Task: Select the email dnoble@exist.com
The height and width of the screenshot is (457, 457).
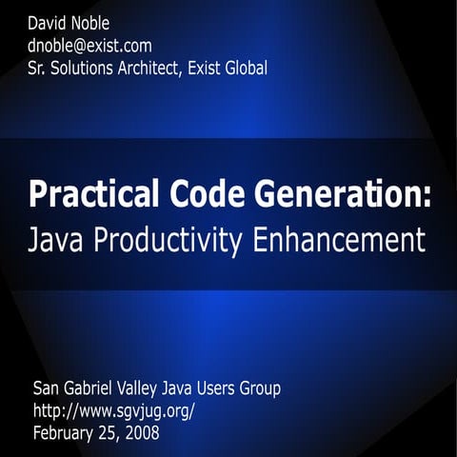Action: (x=90, y=45)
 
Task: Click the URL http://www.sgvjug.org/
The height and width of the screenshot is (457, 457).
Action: (x=114, y=410)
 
